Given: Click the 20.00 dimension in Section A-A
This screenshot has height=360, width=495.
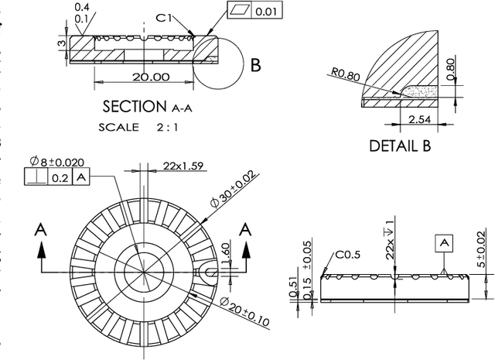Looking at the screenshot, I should click(x=150, y=77).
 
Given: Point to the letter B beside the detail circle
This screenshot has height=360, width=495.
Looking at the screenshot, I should click(x=255, y=65).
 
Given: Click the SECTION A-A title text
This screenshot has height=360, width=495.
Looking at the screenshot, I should click(x=147, y=106).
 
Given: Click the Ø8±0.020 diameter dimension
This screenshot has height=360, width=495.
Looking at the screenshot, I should click(x=57, y=162).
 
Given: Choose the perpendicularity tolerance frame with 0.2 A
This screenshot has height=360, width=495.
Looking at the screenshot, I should click(x=57, y=177).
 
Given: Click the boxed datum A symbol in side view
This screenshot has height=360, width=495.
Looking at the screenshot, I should click(x=444, y=243).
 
